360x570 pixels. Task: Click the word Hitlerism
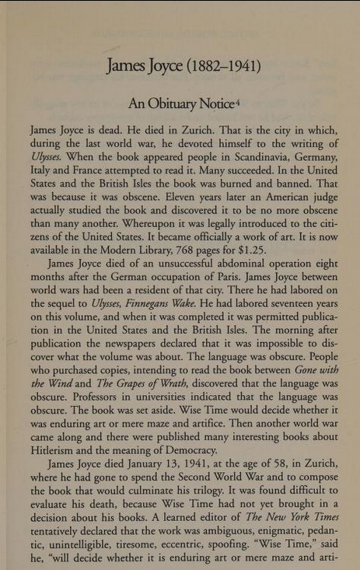click(58, 449)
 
